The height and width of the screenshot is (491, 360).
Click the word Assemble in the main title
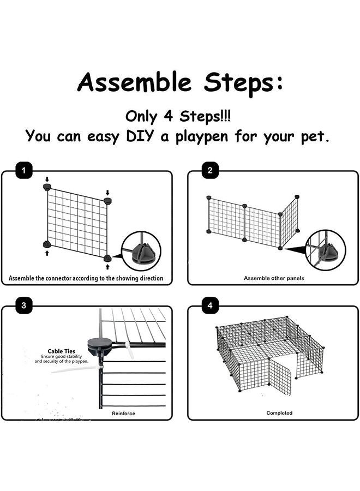click(x=134, y=83)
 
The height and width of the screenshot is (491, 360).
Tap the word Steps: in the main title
click(x=243, y=83)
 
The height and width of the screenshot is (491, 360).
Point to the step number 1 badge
click(x=22, y=171)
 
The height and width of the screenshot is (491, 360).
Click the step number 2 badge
click(x=210, y=171)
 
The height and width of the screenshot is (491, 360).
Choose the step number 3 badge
click(x=22, y=306)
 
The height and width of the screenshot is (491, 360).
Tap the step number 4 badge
click(x=210, y=306)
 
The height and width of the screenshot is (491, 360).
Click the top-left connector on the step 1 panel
click(x=47, y=187)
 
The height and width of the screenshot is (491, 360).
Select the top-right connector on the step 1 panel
click(x=107, y=201)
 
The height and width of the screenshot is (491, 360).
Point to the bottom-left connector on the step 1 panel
click(x=47, y=244)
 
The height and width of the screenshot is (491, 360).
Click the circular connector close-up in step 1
click(x=141, y=251)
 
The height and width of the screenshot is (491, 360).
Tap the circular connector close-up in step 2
click(x=326, y=249)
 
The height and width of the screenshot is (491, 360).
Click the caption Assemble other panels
click(x=274, y=278)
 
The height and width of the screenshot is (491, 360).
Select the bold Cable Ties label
click(x=62, y=351)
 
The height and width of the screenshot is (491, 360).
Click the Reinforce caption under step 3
click(x=124, y=413)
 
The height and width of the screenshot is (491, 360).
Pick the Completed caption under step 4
click(x=279, y=413)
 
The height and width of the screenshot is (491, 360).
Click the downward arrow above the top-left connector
click(x=47, y=179)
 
